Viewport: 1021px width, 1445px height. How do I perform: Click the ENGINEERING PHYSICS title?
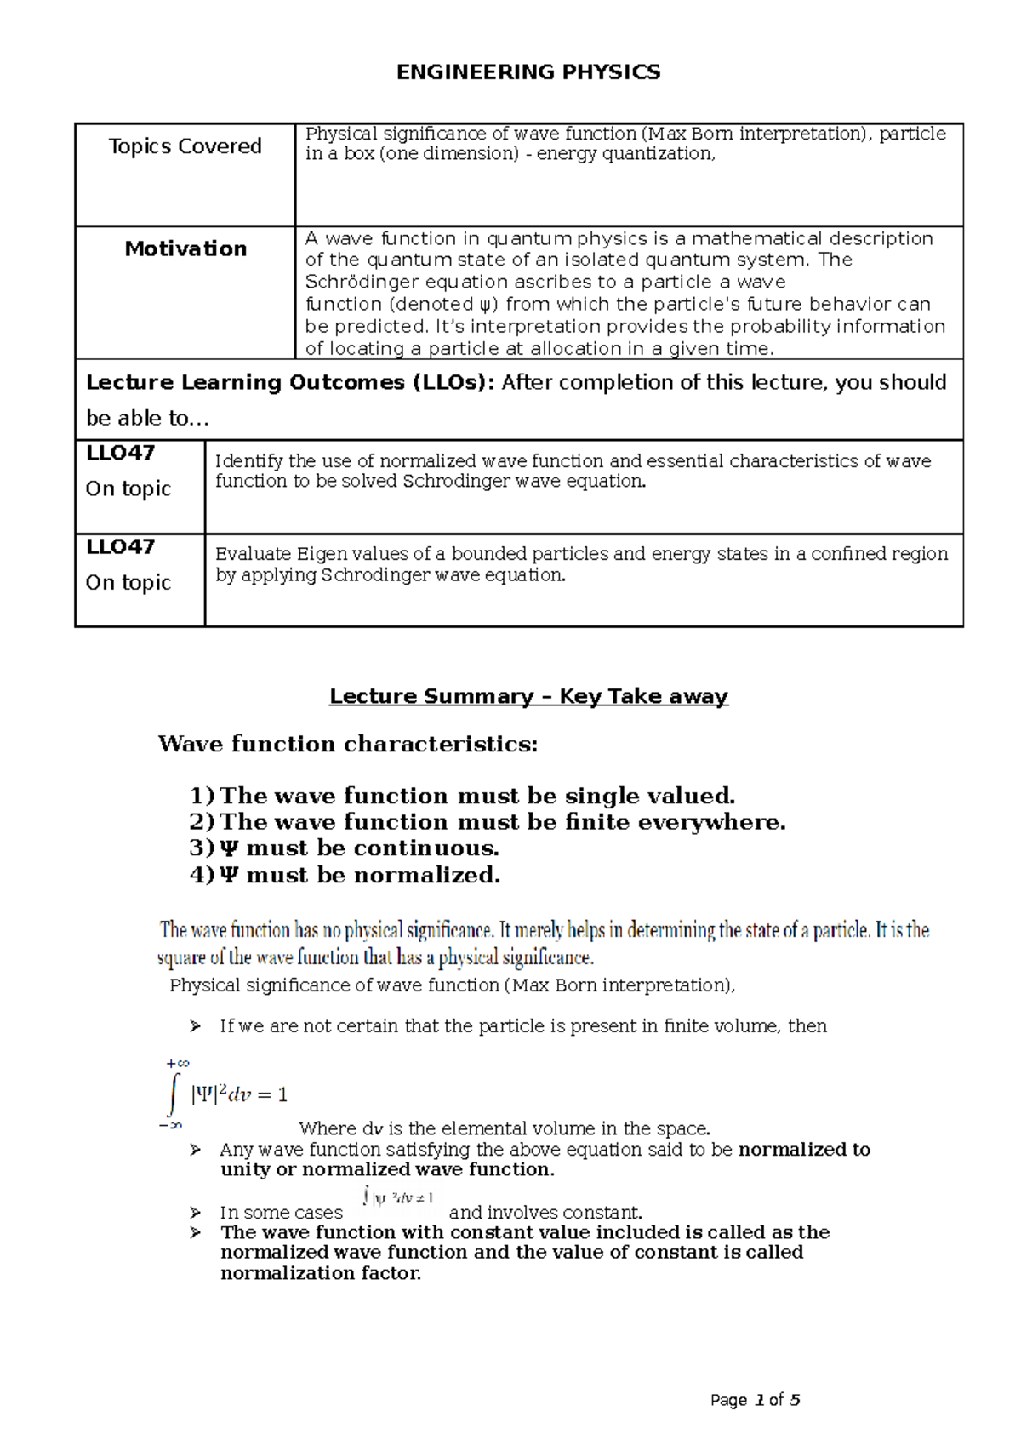528,72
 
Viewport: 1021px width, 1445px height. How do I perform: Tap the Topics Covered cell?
185,146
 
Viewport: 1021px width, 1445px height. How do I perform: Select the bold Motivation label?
185,248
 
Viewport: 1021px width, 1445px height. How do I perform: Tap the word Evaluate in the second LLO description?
253,554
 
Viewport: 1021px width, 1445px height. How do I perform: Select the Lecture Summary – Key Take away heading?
528,696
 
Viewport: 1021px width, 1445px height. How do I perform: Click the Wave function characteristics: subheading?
348,744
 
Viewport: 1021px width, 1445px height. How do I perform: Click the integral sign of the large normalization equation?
174,1094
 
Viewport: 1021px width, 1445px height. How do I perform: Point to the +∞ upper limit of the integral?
177,1064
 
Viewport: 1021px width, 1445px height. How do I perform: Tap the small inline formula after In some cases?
397,1198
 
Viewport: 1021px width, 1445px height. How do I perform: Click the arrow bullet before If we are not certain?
196,1026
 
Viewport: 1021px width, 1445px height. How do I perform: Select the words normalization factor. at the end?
321,1273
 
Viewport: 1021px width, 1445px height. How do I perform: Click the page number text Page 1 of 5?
755,1400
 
